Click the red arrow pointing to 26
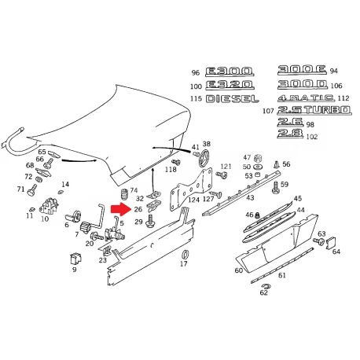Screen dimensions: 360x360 pos(121,209)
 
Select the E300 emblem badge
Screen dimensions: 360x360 pos(230,72)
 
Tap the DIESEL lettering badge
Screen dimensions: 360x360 pos(233,99)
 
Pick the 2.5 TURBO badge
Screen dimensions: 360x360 pos(314,110)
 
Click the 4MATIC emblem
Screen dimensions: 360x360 pos(306,98)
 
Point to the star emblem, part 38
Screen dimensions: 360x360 pos(204,158)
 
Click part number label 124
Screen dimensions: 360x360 pos(194,200)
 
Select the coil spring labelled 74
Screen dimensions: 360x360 pos(124,195)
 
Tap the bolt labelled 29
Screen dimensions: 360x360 pos(151,222)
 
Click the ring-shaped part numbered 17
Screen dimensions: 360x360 pos(185,255)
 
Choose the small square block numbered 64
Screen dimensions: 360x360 pos(331,243)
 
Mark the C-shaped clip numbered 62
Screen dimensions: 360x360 pos(266,286)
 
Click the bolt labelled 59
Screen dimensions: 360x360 pos(276,187)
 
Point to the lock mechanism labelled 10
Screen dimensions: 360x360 pos(49,205)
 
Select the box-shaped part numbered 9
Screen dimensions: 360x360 pos(75,259)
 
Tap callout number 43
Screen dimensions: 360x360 pos(250,197)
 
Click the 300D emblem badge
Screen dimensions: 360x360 pos(303,84)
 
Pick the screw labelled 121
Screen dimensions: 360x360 pos(222,174)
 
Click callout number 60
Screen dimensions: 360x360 pos(239,270)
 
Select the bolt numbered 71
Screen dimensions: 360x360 pos(32,190)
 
